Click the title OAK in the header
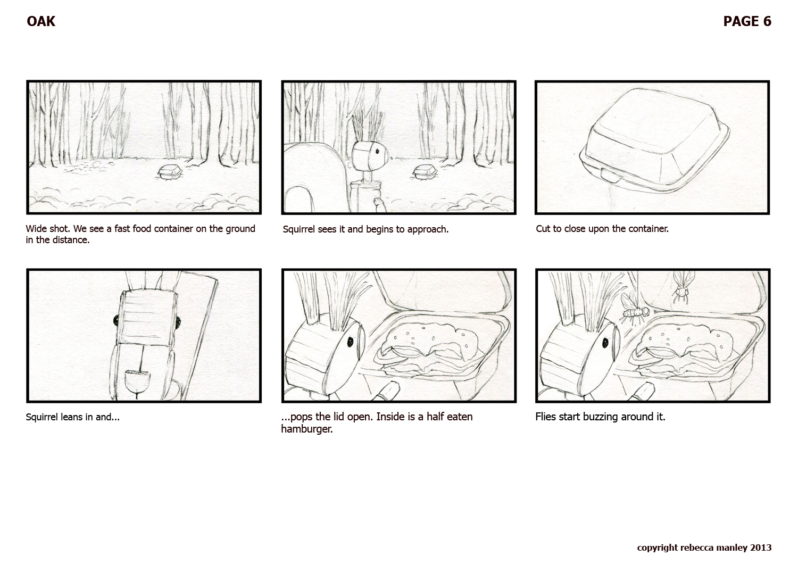(41, 21)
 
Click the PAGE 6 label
(747, 21)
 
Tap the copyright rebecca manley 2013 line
(704, 548)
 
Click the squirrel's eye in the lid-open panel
(351, 342)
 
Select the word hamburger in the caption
(306, 429)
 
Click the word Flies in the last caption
(545, 417)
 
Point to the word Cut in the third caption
(543, 229)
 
